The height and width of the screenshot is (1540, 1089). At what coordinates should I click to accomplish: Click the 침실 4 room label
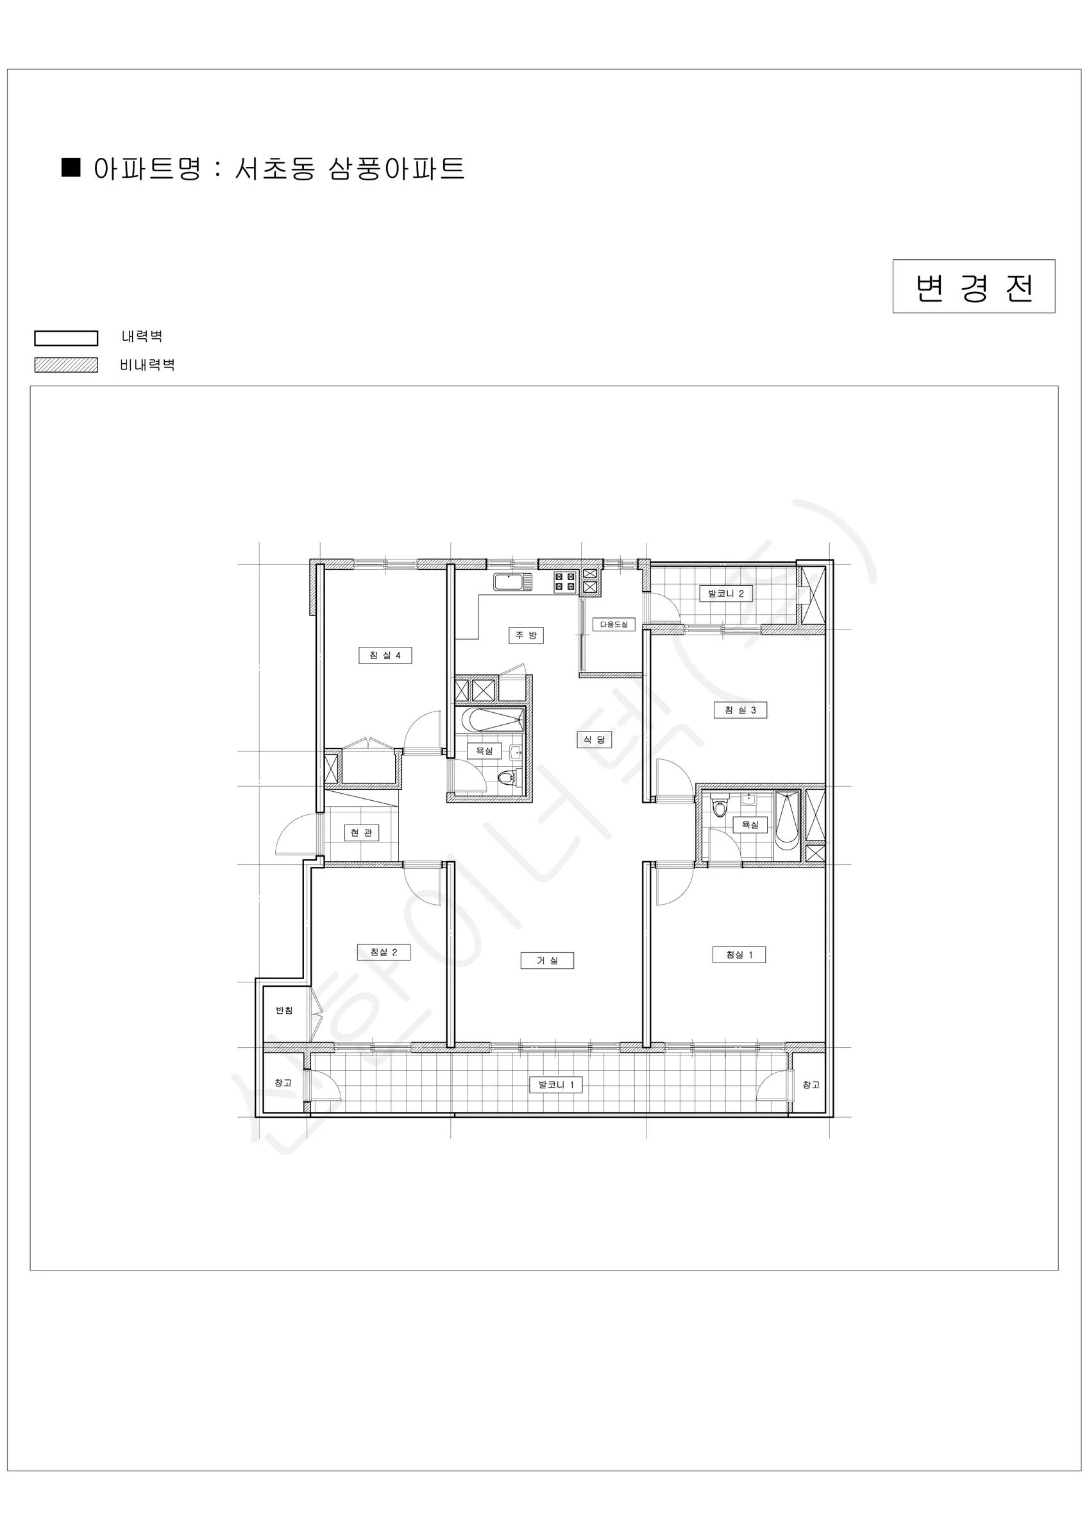385,655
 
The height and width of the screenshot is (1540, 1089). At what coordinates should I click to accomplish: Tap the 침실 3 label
739,710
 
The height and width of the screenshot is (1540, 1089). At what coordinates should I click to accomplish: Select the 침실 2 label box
384,952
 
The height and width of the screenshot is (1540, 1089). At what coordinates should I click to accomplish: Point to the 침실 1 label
739,954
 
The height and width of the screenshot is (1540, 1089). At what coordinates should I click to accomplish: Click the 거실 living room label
547,961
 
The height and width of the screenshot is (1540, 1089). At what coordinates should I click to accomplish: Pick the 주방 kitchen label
526,635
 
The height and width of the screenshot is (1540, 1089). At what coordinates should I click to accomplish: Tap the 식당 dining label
594,739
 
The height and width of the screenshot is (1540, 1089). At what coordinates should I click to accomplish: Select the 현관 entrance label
362,833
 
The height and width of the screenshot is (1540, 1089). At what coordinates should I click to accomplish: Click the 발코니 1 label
556,1084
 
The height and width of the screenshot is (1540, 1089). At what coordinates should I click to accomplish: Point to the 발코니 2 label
725,594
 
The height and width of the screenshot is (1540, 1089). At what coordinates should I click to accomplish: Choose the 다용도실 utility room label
614,624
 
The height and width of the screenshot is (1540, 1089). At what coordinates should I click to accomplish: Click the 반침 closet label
284,1010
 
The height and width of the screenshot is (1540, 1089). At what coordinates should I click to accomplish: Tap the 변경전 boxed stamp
974,286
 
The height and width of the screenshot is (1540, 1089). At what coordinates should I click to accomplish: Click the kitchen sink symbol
513,581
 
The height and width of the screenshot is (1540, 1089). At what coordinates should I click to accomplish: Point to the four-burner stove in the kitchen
565,581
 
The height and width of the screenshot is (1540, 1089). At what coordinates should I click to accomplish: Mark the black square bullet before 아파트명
71,167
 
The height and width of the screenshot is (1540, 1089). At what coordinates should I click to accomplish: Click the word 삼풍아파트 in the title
396,168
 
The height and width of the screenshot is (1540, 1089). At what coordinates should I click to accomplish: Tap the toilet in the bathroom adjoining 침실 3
720,807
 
